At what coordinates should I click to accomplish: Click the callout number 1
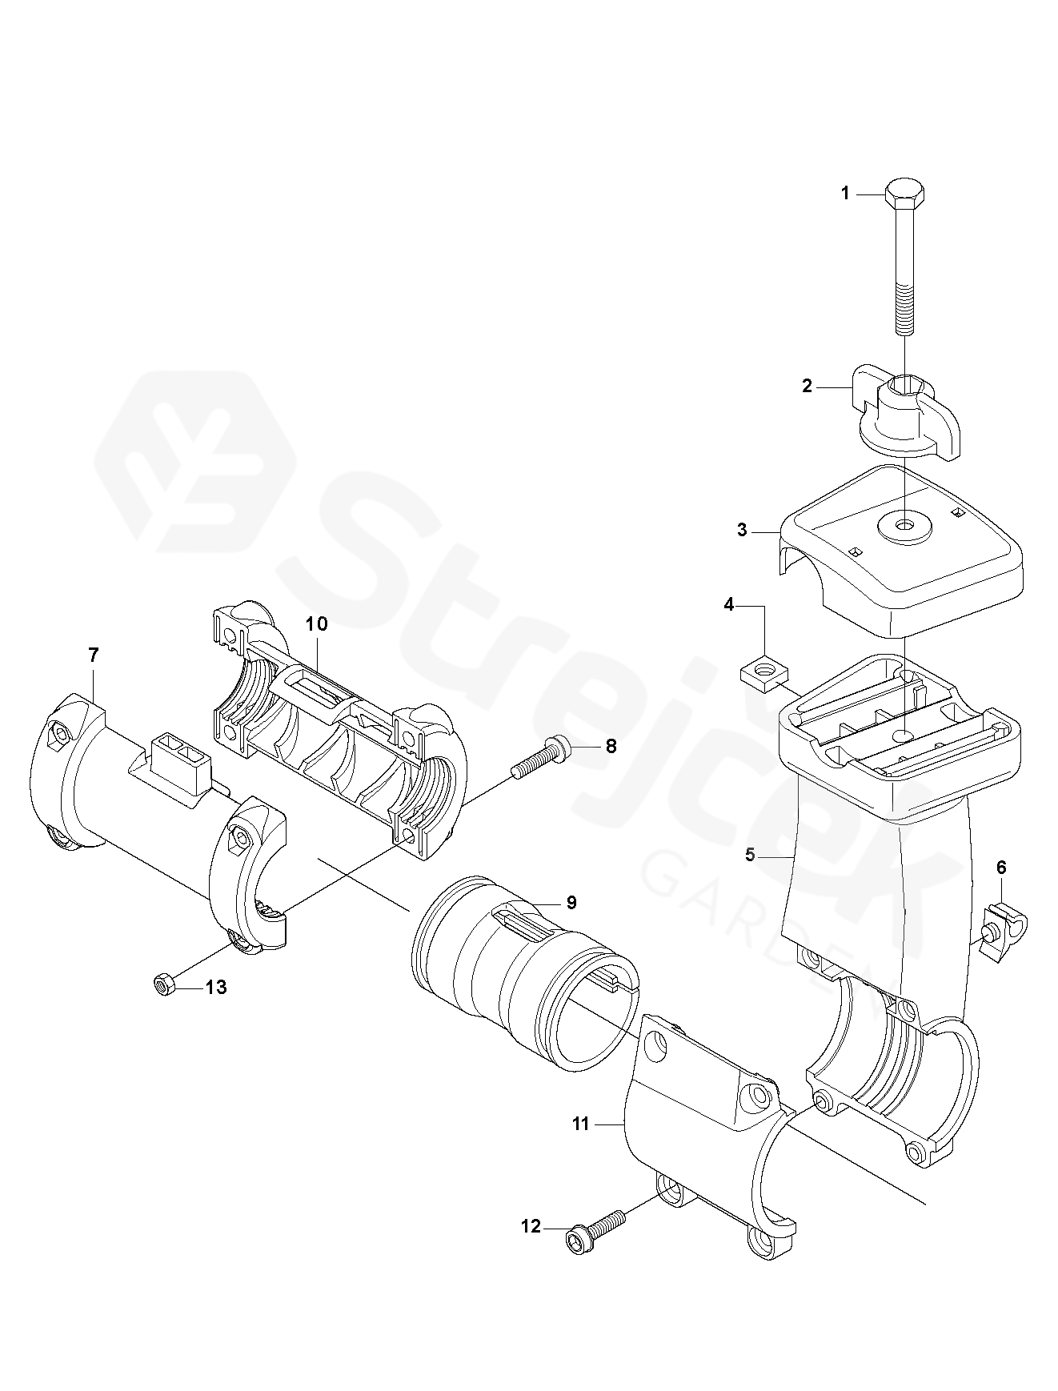point(845,194)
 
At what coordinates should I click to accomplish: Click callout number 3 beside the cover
point(742,530)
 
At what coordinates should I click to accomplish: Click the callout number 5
point(750,855)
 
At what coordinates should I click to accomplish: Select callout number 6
point(1001,868)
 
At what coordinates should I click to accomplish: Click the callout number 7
point(94,655)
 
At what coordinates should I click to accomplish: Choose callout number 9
point(571,902)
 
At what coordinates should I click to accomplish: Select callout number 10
point(317,623)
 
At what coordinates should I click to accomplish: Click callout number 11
point(581,1124)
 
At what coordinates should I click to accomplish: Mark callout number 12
point(531,1249)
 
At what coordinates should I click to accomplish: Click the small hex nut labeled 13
point(164,984)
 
